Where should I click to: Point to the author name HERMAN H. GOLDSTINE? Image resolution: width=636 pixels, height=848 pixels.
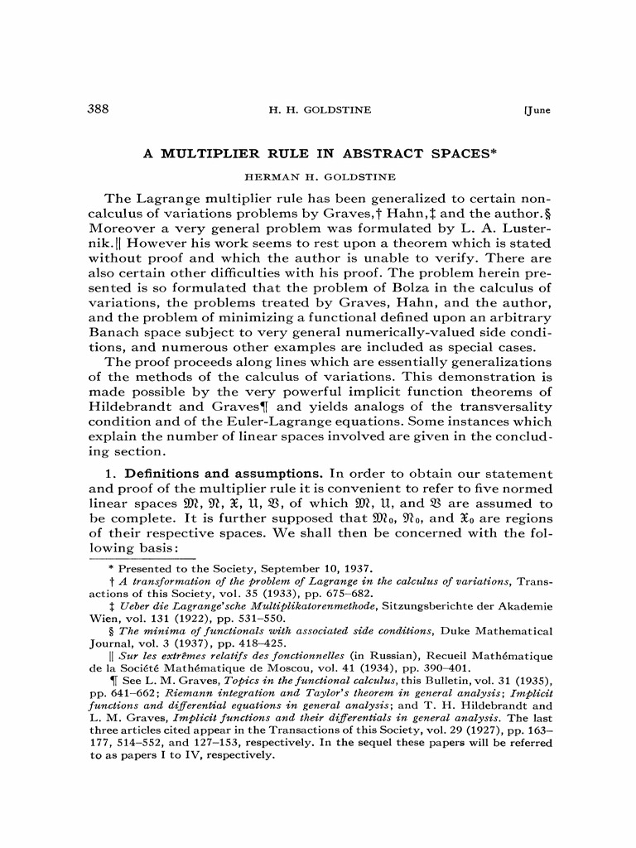click(x=319, y=177)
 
